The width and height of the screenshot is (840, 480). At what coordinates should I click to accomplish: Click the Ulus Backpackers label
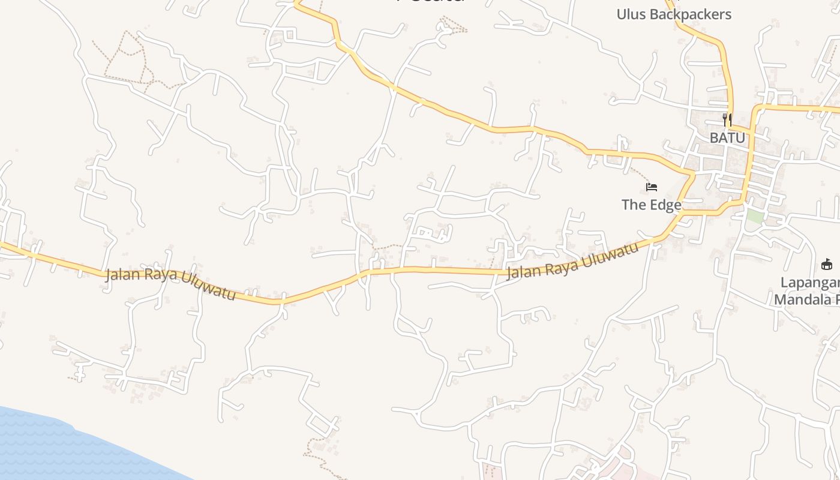tap(674, 14)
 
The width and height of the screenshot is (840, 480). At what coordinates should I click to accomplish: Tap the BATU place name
tap(727, 138)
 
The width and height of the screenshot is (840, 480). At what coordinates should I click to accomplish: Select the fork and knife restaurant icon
tap(727, 119)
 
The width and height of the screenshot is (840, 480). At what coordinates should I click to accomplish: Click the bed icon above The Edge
tap(652, 188)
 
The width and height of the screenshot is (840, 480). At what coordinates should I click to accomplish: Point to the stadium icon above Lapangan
tap(826, 264)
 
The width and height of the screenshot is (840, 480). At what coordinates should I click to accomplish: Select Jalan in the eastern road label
tap(523, 271)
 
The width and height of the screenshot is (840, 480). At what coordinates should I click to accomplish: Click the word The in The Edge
tap(633, 205)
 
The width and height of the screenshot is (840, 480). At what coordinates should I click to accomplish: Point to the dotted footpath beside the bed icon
tap(642, 175)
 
